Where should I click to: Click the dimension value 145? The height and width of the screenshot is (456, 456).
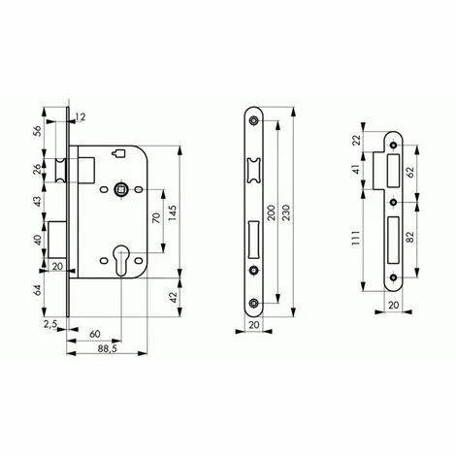(173, 212)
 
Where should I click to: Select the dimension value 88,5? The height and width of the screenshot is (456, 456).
(107, 348)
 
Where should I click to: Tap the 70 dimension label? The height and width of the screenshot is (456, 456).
(156, 217)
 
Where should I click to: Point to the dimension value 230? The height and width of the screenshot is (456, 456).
(286, 212)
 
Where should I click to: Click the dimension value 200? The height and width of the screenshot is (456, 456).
(271, 212)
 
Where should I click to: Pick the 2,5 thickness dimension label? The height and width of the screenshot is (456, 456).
(50, 324)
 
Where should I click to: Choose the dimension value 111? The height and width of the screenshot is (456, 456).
(356, 239)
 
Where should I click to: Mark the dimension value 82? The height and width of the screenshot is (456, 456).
(409, 237)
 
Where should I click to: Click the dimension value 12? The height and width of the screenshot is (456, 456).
(81, 117)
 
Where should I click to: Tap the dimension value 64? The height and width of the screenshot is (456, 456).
(38, 290)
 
